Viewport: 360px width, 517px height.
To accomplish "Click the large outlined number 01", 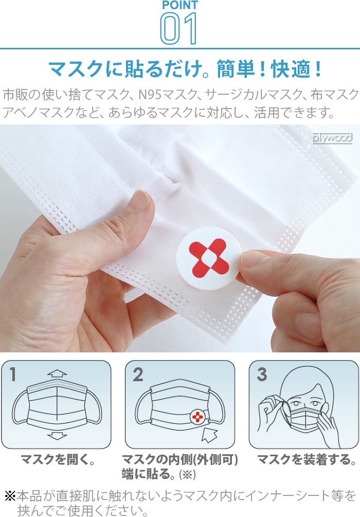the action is pyautogui.click(x=178, y=28).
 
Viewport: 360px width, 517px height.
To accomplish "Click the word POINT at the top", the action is pyautogui.click(x=180, y=5).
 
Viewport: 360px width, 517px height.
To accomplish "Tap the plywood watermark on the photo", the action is pyautogui.click(x=332, y=138).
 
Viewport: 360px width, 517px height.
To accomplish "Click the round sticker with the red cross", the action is pyautogui.click(x=208, y=258).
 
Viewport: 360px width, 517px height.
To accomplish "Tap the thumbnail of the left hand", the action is pyautogui.click(x=138, y=202).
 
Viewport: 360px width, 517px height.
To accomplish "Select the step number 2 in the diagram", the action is pyautogui.click(x=138, y=375).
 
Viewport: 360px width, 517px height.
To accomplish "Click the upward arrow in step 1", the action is pyautogui.click(x=57, y=373).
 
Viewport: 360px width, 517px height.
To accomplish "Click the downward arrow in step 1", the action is pyautogui.click(x=57, y=435).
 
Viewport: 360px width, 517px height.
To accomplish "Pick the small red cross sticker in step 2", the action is pyautogui.click(x=197, y=417).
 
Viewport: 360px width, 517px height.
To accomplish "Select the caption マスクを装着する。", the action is pyautogui.click(x=307, y=459).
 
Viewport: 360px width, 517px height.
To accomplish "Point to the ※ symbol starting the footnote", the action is pyautogui.click(x=10, y=495).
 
